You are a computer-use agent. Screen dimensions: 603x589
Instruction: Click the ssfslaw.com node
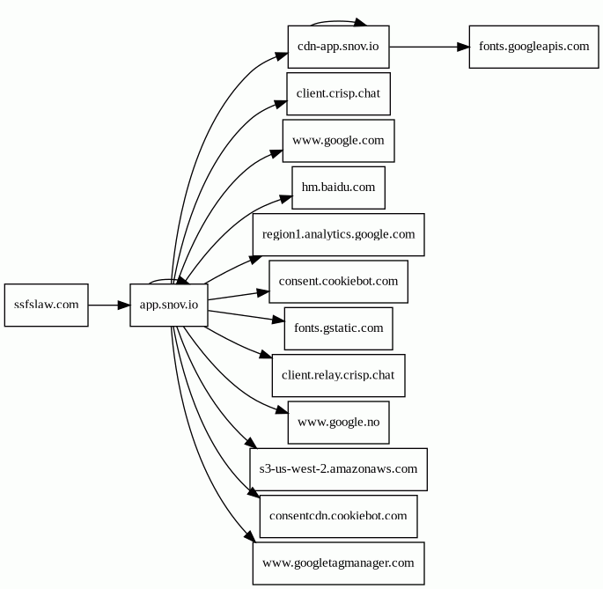(46, 306)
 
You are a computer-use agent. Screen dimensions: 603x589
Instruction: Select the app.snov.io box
(169, 306)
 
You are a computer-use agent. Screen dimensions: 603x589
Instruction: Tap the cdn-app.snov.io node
(338, 47)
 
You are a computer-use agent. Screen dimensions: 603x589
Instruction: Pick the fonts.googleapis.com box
(533, 47)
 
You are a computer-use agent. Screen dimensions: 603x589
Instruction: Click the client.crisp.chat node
(338, 94)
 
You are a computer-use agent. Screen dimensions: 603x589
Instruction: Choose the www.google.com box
(338, 141)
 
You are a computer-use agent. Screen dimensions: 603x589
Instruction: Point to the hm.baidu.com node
(338, 188)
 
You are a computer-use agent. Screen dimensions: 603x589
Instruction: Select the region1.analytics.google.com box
(338, 235)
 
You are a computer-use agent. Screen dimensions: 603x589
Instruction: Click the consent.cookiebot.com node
(338, 282)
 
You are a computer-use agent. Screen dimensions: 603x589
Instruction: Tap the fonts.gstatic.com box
(338, 328)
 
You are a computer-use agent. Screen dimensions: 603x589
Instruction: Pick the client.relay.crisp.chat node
(338, 375)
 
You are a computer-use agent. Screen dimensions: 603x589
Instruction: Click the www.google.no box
(338, 423)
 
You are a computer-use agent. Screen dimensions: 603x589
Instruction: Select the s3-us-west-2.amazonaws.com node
(338, 469)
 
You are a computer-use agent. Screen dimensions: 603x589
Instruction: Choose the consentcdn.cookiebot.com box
(338, 516)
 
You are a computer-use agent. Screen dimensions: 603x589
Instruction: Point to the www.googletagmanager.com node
(338, 563)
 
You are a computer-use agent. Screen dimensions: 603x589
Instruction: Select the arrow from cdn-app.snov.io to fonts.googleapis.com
(430, 47)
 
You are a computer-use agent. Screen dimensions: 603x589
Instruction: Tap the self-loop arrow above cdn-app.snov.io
(338, 21)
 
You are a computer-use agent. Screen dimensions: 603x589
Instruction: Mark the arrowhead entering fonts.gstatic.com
(278, 320)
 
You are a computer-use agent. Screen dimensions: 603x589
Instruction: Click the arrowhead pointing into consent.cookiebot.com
(262, 293)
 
